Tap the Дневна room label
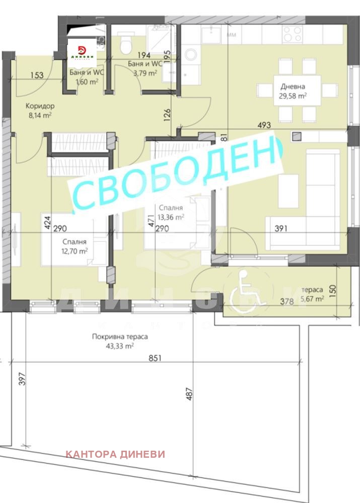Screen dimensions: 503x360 click(x=293, y=86)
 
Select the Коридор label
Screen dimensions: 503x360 click(x=41, y=106)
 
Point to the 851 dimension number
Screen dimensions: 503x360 click(x=156, y=359)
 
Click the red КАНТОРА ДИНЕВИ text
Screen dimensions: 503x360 click(x=115, y=454)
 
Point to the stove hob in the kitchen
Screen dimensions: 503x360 click(x=292, y=34)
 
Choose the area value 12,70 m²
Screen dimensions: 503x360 click(x=74, y=250)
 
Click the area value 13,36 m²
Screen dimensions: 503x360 click(x=171, y=217)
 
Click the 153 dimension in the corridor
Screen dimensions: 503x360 click(x=37, y=75)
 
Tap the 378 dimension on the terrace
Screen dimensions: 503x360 click(x=286, y=302)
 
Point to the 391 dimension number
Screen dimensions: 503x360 click(x=280, y=229)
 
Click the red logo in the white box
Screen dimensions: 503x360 click(x=83, y=51)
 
